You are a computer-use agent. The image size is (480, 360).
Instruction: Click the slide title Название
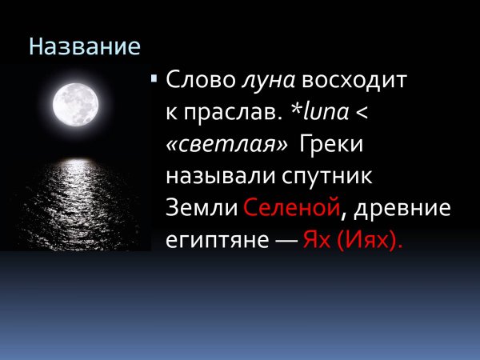[x=85, y=46]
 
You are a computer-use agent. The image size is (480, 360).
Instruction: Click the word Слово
[x=198, y=81]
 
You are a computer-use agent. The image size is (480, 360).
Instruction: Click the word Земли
[x=201, y=208]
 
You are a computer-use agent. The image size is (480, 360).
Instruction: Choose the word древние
[x=402, y=209]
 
